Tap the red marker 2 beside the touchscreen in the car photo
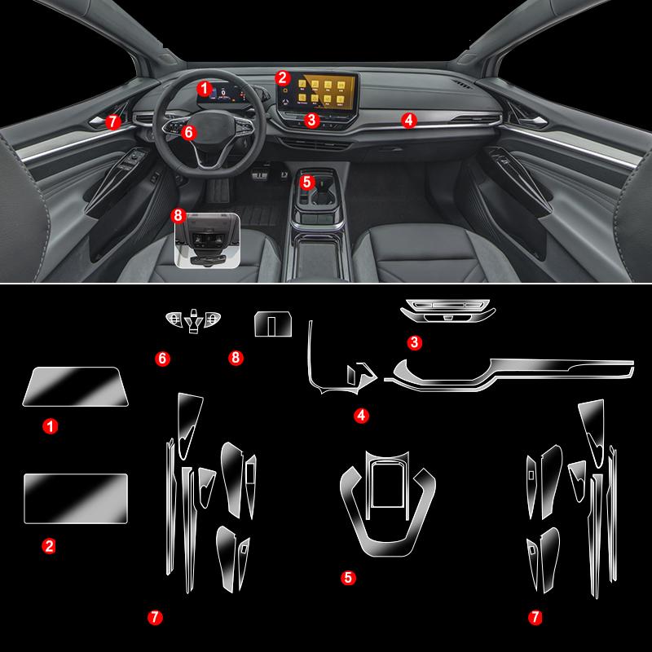click(282, 78)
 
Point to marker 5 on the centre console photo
click(307, 182)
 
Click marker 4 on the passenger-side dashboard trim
click(409, 120)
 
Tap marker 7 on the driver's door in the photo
click(113, 121)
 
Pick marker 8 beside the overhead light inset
click(179, 215)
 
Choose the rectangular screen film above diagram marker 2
click(76, 497)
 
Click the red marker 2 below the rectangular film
click(50, 547)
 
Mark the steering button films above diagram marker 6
click(194, 321)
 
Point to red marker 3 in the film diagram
click(415, 343)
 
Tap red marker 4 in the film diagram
click(361, 416)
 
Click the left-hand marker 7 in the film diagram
click(155, 618)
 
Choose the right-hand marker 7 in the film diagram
click(535, 618)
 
